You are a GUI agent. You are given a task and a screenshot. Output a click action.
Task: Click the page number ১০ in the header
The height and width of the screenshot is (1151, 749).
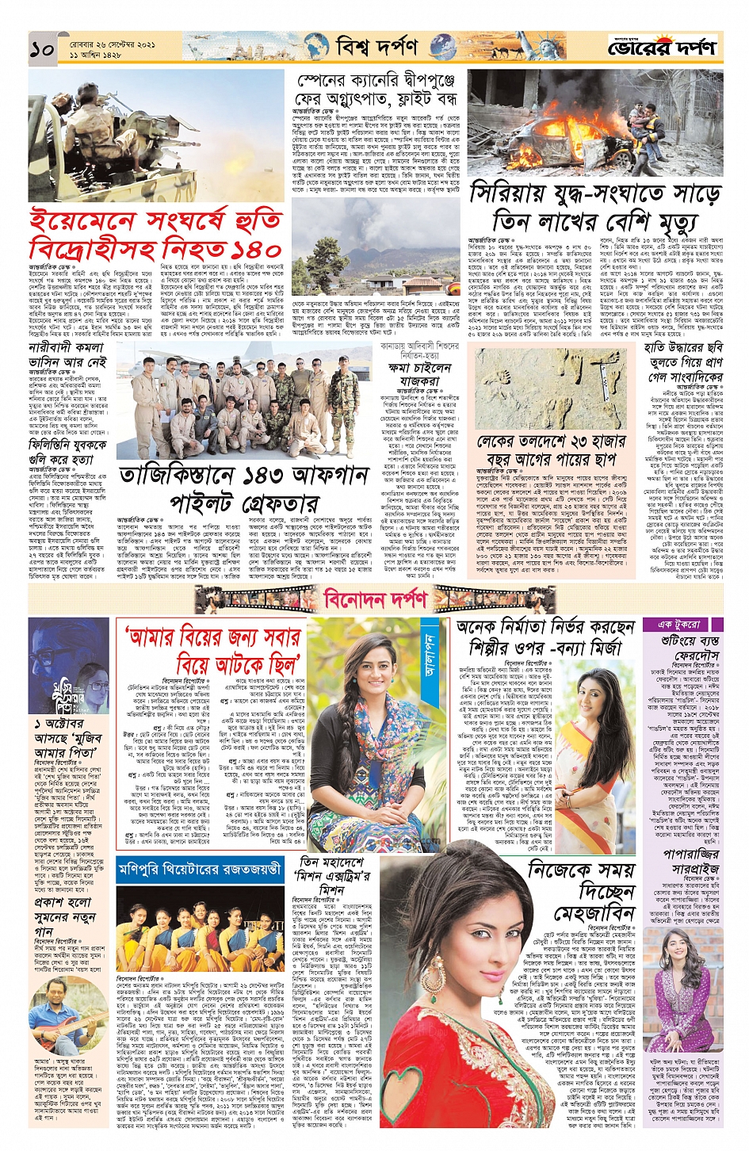coord(42,49)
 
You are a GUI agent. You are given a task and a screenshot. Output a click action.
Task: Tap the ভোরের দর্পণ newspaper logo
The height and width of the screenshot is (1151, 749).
coord(662,48)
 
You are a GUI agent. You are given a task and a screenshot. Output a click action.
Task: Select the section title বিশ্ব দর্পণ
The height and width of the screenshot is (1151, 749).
coord(376,47)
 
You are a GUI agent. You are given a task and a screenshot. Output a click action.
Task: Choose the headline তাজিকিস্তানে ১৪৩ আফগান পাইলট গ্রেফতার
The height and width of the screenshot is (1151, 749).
coord(243,489)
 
